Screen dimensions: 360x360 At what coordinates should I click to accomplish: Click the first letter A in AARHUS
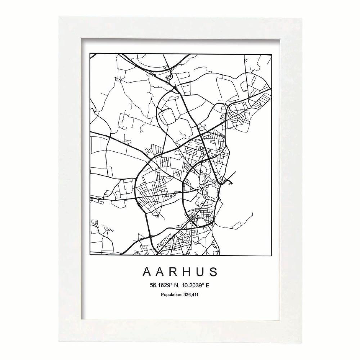147,271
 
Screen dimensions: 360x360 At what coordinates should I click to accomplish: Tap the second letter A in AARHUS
161,271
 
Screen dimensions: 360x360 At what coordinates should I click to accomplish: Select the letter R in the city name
174,271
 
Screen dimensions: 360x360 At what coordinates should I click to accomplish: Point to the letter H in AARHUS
188,271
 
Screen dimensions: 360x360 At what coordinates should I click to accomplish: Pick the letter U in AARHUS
201,271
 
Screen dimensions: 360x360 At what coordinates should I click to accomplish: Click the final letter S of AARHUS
213,271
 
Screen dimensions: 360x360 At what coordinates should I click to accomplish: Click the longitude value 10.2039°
193,285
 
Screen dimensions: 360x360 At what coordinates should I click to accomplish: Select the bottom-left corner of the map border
90,255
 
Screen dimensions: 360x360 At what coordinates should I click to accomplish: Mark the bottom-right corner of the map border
271,255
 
